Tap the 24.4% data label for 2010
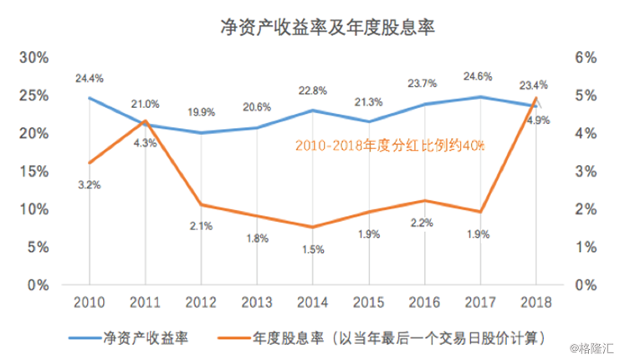click(89, 78)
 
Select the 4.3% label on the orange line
click(144, 143)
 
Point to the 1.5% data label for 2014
click(310, 249)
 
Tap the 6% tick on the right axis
click(585, 58)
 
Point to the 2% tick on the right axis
click(585, 209)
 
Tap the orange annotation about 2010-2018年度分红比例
click(389, 145)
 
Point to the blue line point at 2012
click(200, 132)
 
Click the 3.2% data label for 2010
click(89, 185)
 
